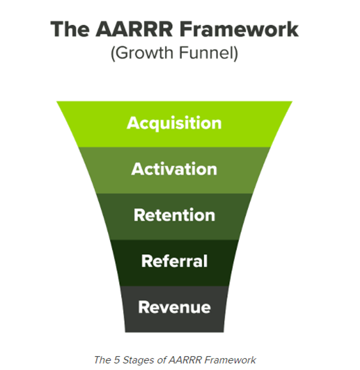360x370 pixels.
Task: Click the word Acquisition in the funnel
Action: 174,123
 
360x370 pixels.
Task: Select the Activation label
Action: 174,169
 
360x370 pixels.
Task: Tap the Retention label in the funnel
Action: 174,215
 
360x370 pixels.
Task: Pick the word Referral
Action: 174,261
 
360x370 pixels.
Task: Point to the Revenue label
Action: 174,307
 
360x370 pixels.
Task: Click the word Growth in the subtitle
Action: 140,54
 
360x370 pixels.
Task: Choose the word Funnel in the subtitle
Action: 204,54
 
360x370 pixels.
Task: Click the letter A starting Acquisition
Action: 133,123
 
